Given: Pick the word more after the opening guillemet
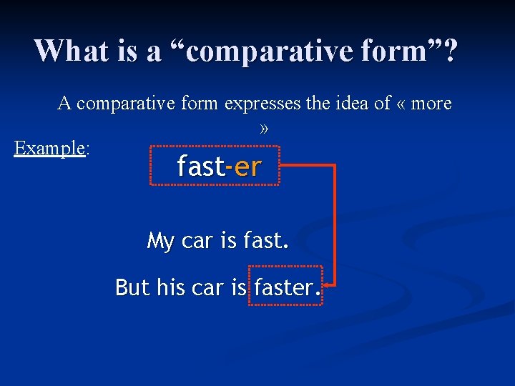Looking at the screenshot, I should [x=431, y=104].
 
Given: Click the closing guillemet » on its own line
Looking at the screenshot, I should [x=264, y=129].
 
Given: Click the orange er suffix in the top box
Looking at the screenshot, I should [x=247, y=167].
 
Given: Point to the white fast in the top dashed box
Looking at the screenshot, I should [x=200, y=167].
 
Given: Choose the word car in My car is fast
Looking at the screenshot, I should [x=198, y=242].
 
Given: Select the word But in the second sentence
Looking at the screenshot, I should [x=132, y=287].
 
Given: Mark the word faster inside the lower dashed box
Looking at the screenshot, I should [x=283, y=287].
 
